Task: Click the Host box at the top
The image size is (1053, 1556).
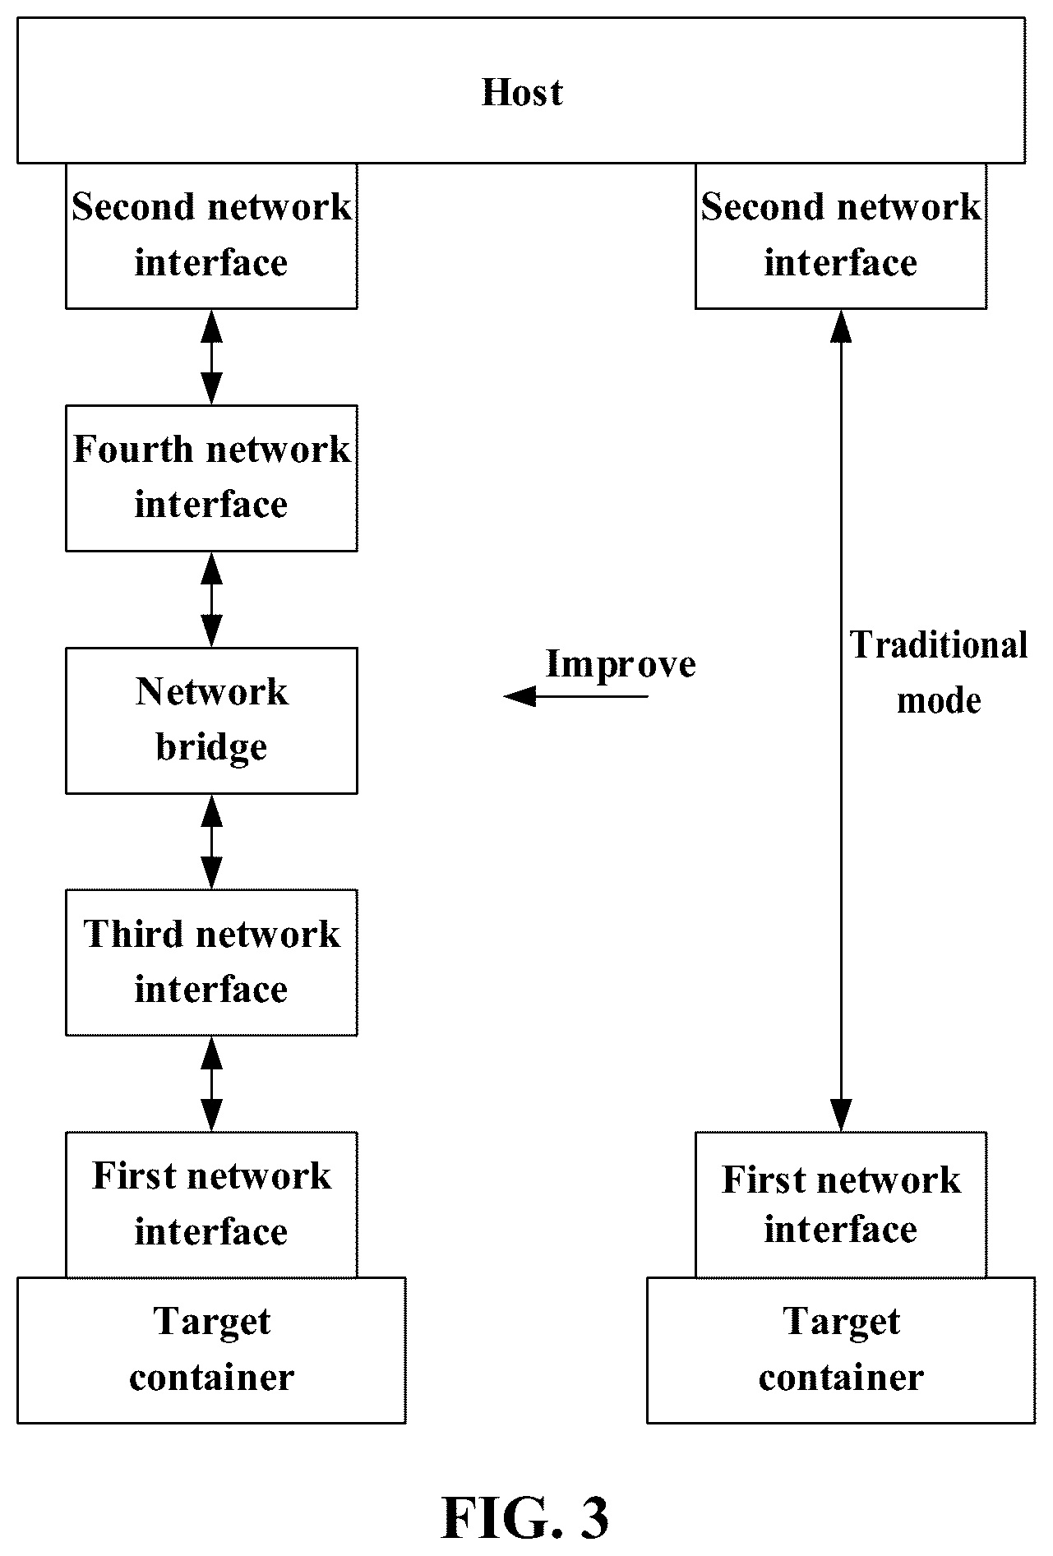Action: pos(521,90)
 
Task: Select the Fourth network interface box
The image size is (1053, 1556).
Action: pos(211,478)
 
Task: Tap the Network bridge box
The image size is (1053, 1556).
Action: pos(211,720)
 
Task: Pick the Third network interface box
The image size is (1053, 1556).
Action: pos(211,962)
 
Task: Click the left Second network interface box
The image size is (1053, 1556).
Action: pos(211,235)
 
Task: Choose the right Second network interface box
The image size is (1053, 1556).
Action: pos(841,235)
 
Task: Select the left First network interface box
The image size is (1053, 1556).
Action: pos(211,1204)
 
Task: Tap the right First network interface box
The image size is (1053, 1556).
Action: pos(841,1204)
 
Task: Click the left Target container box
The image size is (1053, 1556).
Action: pos(211,1350)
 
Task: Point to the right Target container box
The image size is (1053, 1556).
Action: pos(841,1350)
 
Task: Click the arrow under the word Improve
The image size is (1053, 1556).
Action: pos(575,697)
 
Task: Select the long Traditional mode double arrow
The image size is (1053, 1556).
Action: pos(841,720)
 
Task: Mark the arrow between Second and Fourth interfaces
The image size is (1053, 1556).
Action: pos(212,357)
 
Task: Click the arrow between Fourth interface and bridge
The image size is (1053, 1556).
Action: pos(212,599)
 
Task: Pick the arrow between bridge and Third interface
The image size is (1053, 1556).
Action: pos(212,842)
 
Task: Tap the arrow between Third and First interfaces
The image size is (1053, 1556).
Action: pos(212,1083)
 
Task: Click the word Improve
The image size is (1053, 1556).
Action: pos(621,664)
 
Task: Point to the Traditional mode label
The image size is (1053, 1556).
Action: pos(939,672)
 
